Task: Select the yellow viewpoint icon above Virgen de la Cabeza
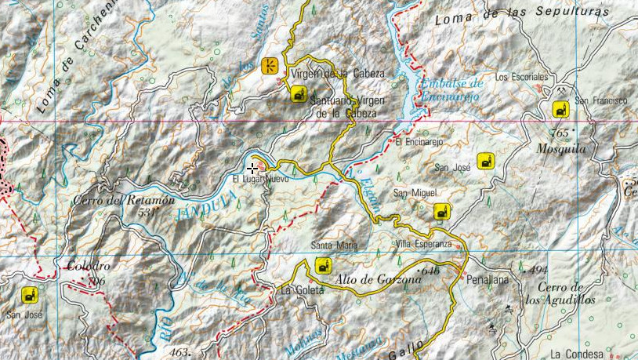(270, 65)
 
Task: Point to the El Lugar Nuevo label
(261, 179)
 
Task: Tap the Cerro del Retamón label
(123, 201)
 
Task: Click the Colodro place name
(89, 265)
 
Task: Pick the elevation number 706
(96, 281)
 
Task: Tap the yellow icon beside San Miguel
(443, 211)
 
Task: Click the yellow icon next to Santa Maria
(321, 266)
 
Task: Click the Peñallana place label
(488, 279)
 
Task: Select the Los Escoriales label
(521, 77)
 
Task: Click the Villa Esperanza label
(423, 243)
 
